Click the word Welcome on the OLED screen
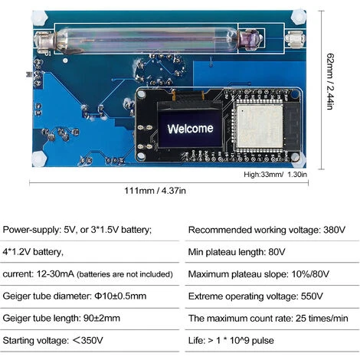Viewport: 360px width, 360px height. pos(190,129)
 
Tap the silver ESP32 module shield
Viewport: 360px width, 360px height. pos(260,126)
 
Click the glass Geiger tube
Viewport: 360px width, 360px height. pos(148,40)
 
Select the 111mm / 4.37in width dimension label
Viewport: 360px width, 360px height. pos(155,191)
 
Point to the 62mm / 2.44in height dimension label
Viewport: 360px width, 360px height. pos(330,81)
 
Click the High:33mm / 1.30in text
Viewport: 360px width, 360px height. pos(275,175)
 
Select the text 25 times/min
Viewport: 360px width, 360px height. pos(322,319)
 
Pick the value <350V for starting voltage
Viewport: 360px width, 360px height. pos(87,340)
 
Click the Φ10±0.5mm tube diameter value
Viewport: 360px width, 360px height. pos(120,296)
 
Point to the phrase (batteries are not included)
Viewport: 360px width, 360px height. pos(125,274)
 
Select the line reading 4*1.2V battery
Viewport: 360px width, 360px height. pos(33,252)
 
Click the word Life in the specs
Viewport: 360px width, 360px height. pos(196,340)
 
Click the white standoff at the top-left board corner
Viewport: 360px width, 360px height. pos(39,18)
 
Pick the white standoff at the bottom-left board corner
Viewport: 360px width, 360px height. pos(39,159)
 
